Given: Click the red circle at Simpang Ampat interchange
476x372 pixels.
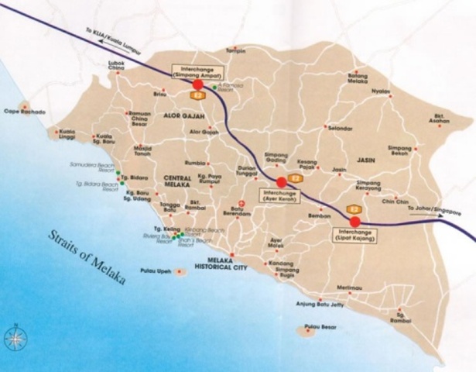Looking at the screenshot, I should tap(197, 84).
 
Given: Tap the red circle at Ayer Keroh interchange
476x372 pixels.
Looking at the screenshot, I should tap(281, 182).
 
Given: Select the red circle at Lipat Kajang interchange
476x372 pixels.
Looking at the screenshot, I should tap(354, 221).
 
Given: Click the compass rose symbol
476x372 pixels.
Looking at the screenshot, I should tap(15, 337).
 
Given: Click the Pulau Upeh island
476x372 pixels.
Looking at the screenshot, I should tap(180, 272).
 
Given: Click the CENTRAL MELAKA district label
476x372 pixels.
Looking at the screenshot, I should tap(183, 182).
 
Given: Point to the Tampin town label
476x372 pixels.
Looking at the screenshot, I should tap(235, 50).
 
